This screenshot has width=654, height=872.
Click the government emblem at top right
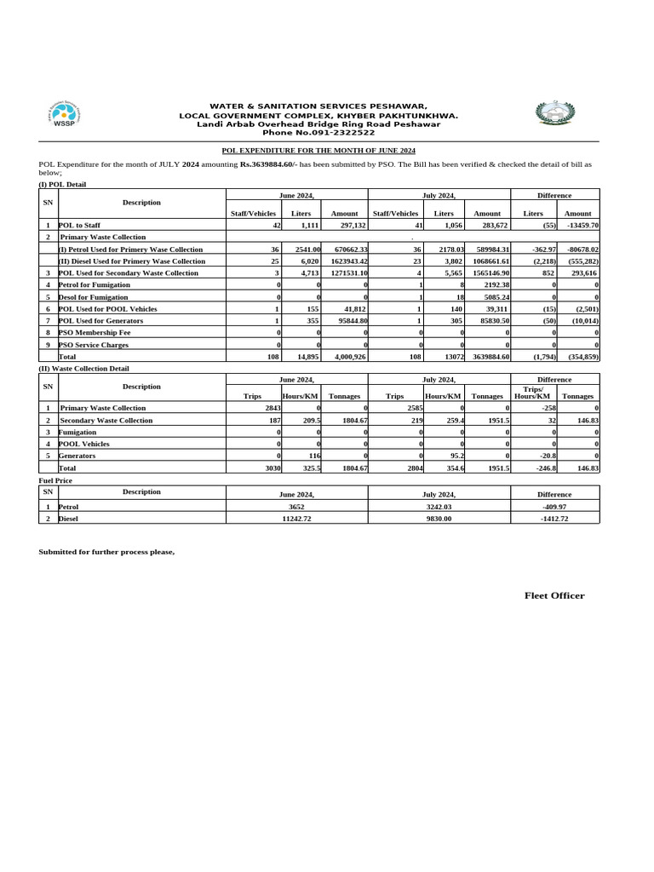coord(555,113)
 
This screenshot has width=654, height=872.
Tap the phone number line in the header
coord(318,133)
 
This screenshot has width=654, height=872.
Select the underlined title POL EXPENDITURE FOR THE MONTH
coord(318,150)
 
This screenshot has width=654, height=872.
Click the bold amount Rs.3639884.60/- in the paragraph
coord(268,163)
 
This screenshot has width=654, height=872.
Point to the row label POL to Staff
coord(79,226)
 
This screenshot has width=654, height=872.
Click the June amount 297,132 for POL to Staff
coord(352,226)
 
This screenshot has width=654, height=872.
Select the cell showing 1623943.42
coord(345,261)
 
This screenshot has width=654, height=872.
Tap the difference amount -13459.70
coord(578,226)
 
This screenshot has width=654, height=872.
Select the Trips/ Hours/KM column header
coord(533,393)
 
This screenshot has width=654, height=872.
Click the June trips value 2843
coord(272,409)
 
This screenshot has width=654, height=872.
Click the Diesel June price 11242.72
coord(296,518)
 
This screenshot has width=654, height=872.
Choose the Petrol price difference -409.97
coord(554,506)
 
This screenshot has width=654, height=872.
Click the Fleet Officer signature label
coord(554,596)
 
